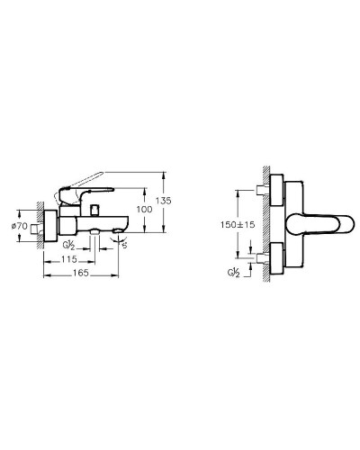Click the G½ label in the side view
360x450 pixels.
(x=69, y=243)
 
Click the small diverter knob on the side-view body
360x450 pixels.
(x=94, y=209)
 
